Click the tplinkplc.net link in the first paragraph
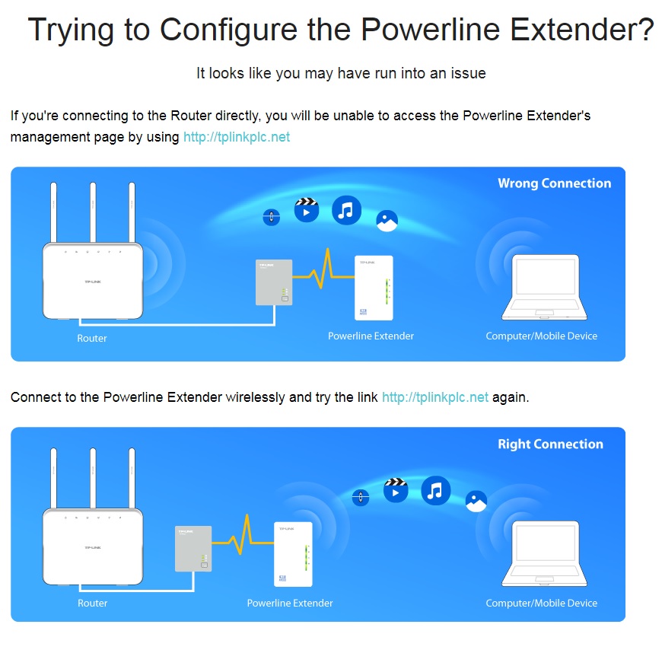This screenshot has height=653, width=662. click(x=237, y=137)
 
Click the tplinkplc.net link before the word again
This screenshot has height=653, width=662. click(x=434, y=397)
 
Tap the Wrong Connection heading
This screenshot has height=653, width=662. click(x=555, y=183)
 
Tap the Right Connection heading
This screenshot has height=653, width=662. click(x=551, y=444)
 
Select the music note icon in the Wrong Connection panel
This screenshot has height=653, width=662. click(x=347, y=210)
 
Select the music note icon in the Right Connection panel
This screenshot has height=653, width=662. click(x=436, y=490)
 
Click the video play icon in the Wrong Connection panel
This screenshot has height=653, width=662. click(x=307, y=210)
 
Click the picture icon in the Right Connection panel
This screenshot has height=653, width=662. click(x=476, y=502)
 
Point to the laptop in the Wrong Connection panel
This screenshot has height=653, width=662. click(x=544, y=287)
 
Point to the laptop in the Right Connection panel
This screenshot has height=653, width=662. click(x=544, y=553)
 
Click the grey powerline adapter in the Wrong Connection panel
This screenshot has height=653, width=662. click(x=274, y=282)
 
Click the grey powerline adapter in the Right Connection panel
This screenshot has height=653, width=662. click(x=193, y=548)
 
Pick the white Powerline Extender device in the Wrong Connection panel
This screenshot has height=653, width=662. click(x=374, y=288)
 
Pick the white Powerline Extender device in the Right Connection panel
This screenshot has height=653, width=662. click(x=294, y=554)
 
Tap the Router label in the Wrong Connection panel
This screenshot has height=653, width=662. click(x=92, y=339)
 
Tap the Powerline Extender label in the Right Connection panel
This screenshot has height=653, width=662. click(x=290, y=603)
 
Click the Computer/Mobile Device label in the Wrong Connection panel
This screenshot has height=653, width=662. click(x=542, y=336)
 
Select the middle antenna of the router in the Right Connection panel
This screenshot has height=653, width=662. click(x=93, y=478)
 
